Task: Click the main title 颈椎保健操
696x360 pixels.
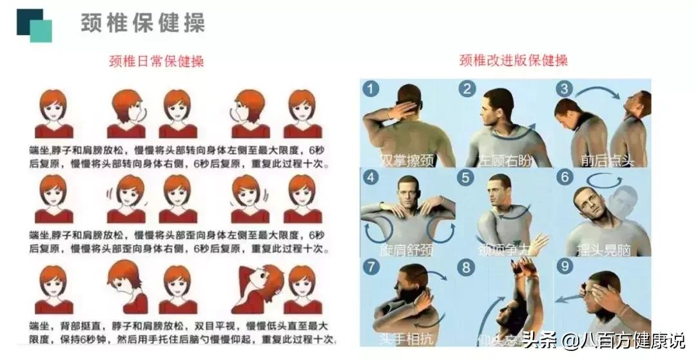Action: click(143, 23)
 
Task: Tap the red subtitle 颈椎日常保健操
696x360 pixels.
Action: click(157, 62)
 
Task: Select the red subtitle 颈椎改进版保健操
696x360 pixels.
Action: click(514, 62)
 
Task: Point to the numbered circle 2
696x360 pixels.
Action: click(467, 89)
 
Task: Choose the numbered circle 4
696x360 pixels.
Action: click(370, 177)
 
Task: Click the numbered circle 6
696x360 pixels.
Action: click(564, 177)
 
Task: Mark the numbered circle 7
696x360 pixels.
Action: click(370, 265)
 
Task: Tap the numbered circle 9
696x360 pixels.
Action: click(564, 265)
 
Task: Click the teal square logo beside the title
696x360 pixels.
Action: click(34, 25)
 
